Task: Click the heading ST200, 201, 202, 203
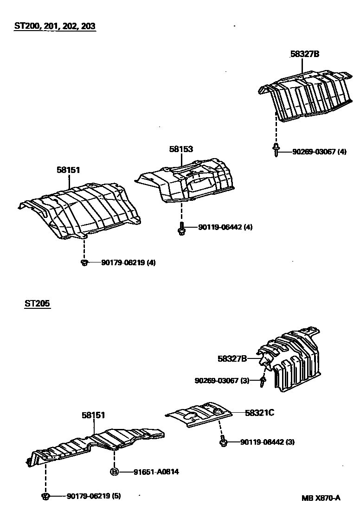[x=55, y=26]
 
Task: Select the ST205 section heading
[x=38, y=304]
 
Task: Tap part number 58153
[x=181, y=149]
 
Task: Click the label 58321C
[x=260, y=412]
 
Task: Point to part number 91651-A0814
[x=156, y=472]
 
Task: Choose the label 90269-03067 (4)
[x=319, y=152]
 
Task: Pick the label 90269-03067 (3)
[x=222, y=381]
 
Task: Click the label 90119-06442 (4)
[x=225, y=227]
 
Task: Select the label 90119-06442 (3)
[x=267, y=442]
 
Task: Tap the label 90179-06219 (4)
[x=128, y=262]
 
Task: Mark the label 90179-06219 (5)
[x=94, y=496]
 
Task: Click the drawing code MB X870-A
[x=321, y=498]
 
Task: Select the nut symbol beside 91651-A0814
[x=114, y=472]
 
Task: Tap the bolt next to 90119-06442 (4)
[x=181, y=229]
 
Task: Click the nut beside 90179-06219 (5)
[x=45, y=497]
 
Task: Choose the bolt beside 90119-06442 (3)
[x=223, y=442]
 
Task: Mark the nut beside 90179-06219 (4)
[x=84, y=263]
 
